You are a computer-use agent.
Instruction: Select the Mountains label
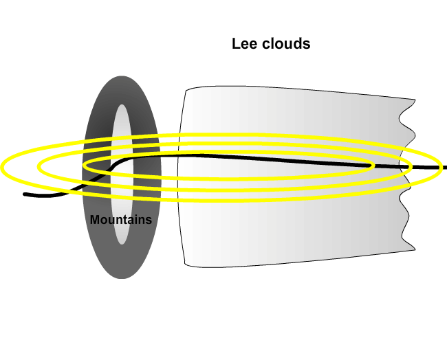point(121,220)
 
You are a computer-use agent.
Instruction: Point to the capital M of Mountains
point(95,220)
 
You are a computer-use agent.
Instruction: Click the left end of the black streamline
point(25,194)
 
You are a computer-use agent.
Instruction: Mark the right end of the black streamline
point(446,167)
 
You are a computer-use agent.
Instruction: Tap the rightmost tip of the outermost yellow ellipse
point(441,167)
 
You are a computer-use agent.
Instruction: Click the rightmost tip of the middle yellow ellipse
point(411,167)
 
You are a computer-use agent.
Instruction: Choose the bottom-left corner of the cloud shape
point(184,265)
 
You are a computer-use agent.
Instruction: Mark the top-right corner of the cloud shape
point(415,99)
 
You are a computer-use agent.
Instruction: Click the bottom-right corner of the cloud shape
point(415,250)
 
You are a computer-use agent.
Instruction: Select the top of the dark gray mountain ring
point(121,76)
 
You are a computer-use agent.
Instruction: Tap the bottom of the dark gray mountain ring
point(121,278)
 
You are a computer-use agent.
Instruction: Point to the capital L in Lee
point(235,44)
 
